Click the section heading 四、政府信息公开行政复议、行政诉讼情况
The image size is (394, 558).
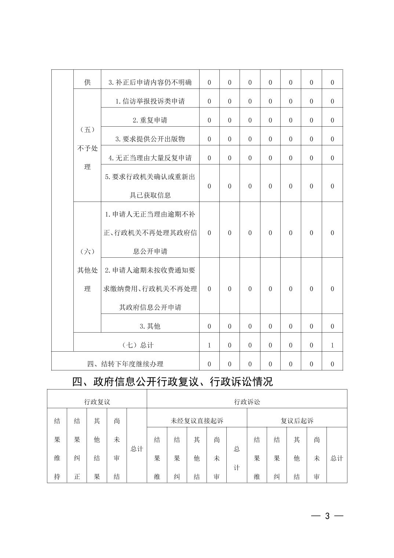172,382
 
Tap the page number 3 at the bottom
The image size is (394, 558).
327,516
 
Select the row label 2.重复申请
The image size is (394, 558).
150,120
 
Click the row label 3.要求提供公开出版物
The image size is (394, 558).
150,139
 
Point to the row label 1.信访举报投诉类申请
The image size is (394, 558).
150,101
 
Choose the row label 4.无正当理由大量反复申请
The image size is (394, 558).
150,158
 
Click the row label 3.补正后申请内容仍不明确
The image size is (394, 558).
150,83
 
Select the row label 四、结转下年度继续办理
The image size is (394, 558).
125,364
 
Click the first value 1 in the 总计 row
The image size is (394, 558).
209,345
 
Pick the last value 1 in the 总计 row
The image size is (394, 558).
332,345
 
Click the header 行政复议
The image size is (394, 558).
97,402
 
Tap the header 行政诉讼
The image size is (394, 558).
247,402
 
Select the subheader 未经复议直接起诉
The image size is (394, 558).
197,421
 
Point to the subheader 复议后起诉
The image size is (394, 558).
297,421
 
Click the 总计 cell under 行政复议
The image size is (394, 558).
137,449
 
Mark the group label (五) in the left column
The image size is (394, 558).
87,130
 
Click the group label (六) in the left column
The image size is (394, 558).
87,251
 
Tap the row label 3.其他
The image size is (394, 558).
150,326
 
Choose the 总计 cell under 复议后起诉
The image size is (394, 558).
337,458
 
